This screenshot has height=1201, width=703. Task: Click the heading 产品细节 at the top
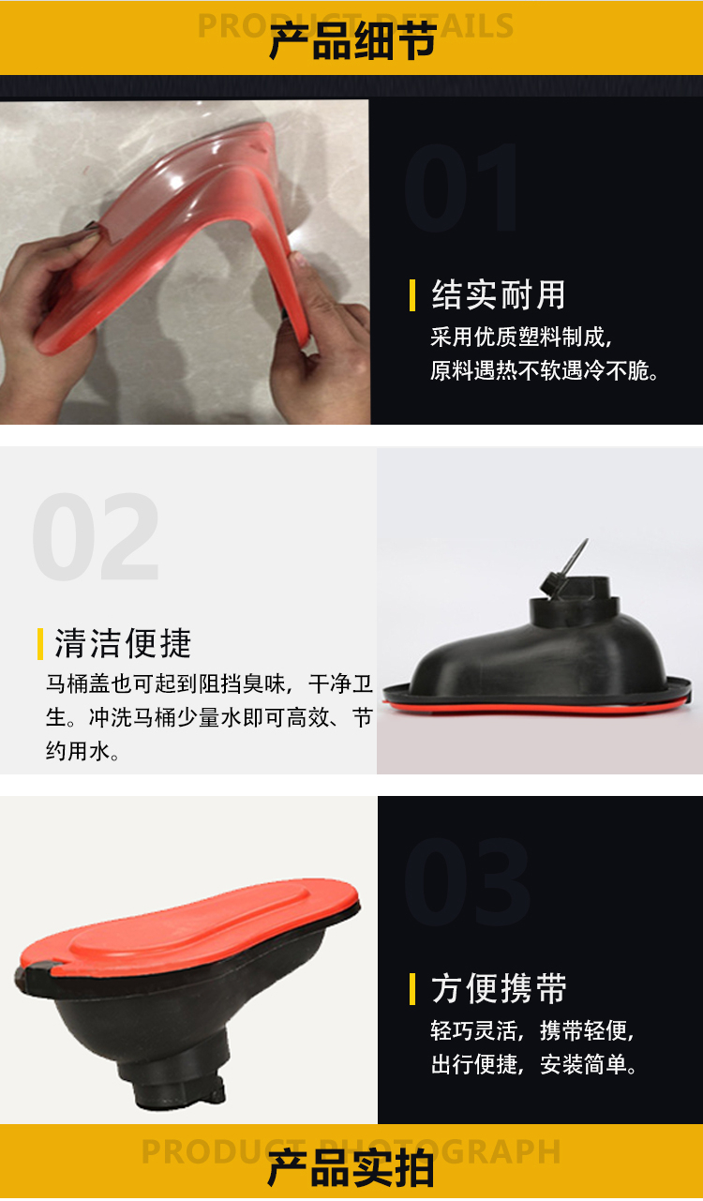click(352, 41)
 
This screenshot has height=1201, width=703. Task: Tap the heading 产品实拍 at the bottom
click(351, 1169)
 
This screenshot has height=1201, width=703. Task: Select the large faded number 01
click(460, 188)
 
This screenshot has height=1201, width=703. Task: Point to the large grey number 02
click(96, 536)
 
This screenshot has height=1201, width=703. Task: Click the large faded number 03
click(467, 882)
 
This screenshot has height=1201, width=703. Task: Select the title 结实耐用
click(499, 294)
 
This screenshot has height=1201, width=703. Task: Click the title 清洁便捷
click(123, 643)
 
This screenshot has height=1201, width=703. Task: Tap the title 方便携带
click(499, 988)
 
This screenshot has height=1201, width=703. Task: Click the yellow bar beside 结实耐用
click(411, 295)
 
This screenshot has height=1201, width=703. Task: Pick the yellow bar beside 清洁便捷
click(40, 643)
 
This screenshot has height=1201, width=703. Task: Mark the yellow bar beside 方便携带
click(411, 989)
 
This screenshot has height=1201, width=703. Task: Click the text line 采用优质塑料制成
click(520, 337)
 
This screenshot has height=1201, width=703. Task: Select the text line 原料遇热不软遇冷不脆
click(545, 370)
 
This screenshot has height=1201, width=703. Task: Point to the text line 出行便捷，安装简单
click(534, 1064)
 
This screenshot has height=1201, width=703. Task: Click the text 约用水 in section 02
click(82, 751)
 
